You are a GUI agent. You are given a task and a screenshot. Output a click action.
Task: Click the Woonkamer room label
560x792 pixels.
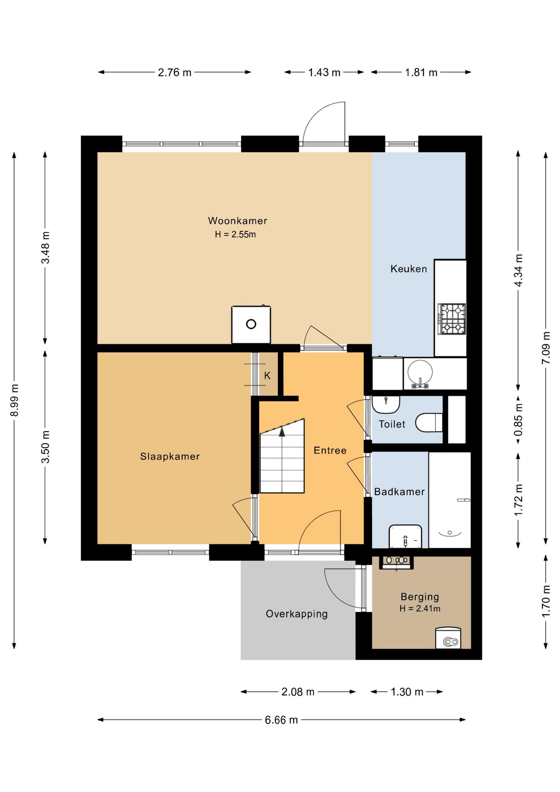237,221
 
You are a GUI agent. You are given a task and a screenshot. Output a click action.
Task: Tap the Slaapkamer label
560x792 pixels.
170,456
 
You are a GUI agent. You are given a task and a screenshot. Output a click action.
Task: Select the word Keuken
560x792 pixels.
409,269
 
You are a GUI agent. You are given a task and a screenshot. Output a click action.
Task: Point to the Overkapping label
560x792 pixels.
296,614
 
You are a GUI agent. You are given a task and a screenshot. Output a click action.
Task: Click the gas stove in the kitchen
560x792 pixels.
452,319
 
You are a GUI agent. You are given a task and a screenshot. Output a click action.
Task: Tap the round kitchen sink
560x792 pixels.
420,372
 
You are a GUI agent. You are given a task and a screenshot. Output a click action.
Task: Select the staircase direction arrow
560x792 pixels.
282,431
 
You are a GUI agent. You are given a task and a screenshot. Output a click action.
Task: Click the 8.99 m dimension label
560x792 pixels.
14,400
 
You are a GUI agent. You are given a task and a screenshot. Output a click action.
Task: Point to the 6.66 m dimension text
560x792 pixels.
281,720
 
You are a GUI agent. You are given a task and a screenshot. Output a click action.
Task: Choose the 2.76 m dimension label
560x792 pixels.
174,73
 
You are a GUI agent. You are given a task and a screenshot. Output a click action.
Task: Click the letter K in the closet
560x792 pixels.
267,376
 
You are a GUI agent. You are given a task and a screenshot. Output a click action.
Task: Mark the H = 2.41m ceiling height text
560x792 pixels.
420,608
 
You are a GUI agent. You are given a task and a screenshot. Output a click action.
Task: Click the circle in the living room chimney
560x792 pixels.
251,324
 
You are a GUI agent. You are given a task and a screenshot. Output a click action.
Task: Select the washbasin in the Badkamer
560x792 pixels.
405,536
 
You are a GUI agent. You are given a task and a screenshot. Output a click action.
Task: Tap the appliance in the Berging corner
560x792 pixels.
448,638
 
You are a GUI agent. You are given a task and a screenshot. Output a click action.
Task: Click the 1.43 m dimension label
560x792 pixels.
324,73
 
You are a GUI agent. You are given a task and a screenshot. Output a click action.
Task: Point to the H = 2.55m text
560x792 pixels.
235,234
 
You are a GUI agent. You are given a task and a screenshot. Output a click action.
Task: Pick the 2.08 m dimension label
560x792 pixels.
298,692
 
